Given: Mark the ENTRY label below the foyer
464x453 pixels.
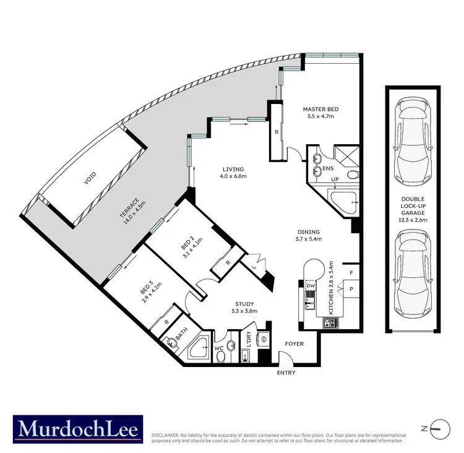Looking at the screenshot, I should click(286, 373).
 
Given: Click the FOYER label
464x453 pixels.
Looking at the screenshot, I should click(294, 343).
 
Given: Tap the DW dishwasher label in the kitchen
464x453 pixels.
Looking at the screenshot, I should click(311, 285).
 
